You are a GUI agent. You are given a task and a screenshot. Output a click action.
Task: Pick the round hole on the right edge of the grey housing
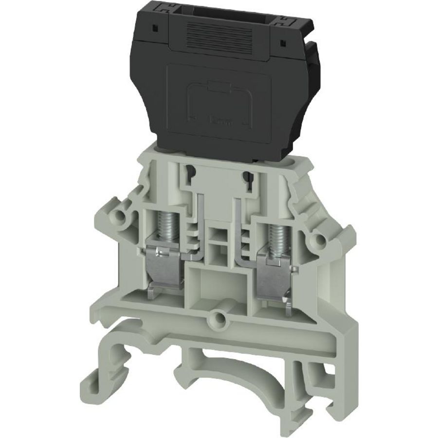pyautogui.click(x=320, y=238)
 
